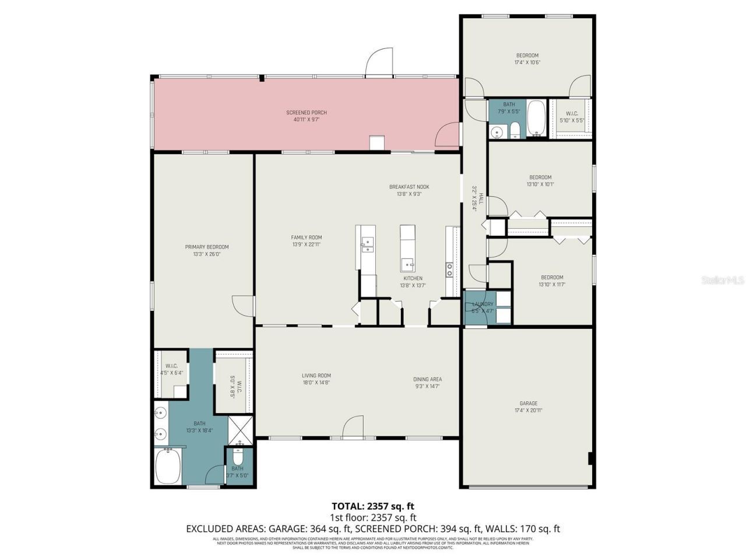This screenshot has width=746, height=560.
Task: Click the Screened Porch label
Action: pyautogui.click(x=306, y=113)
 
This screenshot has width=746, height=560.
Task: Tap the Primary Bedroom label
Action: pyautogui.click(x=207, y=247)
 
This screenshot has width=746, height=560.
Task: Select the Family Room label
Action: pyautogui.click(x=307, y=237)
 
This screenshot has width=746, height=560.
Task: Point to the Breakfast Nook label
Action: pyautogui.click(x=409, y=187)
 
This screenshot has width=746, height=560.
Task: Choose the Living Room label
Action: pyautogui.click(x=316, y=376)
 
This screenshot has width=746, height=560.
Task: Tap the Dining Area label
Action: pyautogui.click(x=427, y=379)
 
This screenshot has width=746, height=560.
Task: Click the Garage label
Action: pyautogui.click(x=529, y=403)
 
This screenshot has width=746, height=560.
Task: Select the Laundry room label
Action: pyautogui.click(x=483, y=304)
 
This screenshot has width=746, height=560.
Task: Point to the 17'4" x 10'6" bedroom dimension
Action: pyautogui.click(x=527, y=62)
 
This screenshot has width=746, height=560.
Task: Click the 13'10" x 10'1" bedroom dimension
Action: pyautogui.click(x=540, y=184)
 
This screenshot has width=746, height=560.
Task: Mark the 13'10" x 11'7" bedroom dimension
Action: pyautogui.click(x=552, y=285)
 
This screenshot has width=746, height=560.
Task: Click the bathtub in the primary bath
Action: pyautogui.click(x=168, y=467)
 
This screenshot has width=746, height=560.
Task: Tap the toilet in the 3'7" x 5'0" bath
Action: pyautogui.click(x=238, y=456)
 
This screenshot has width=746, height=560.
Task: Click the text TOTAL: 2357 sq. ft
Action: pyautogui.click(x=373, y=506)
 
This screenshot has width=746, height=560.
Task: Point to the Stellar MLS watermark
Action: pyautogui.click(x=723, y=281)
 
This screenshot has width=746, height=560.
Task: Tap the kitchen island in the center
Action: pyautogui.click(x=407, y=249)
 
